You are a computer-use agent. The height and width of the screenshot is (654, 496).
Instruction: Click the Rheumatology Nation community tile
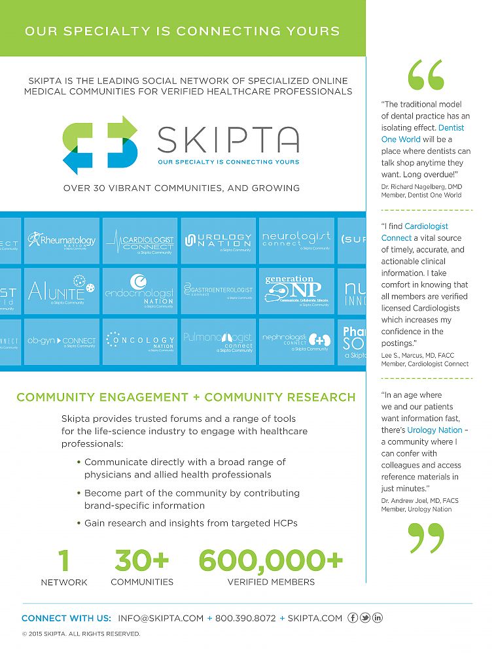[x=62, y=241]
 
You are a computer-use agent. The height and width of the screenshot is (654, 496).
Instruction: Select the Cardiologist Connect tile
[x=140, y=241]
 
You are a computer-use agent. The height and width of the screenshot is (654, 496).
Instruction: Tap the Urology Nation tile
[x=218, y=241]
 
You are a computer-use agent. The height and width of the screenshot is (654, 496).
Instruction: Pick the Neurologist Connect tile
[x=296, y=241]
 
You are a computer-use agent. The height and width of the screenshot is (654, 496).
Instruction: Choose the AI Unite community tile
[x=62, y=291]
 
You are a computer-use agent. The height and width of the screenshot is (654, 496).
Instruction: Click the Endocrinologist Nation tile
[x=140, y=291]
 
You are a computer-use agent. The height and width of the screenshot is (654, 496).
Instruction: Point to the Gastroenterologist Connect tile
[x=218, y=291]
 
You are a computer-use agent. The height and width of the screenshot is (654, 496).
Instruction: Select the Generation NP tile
[x=296, y=291]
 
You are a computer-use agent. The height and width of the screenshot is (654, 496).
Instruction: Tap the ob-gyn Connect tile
[x=62, y=341]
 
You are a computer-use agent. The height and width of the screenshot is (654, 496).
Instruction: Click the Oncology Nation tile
[x=140, y=341]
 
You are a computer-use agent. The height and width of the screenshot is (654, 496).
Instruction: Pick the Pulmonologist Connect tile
[x=218, y=341]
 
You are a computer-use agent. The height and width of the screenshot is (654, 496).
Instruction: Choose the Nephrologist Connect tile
[x=296, y=341]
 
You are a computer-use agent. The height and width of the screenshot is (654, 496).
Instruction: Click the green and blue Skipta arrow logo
[x=100, y=145]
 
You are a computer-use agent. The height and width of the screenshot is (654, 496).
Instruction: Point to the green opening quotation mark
[x=425, y=75]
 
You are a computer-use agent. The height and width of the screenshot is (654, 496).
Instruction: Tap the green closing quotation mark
[x=425, y=538]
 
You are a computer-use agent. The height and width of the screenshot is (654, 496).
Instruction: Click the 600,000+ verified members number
[x=270, y=560]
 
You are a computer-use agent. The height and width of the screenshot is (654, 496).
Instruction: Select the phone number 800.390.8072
[x=245, y=618]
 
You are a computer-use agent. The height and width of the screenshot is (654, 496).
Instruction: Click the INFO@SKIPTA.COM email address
[x=160, y=618]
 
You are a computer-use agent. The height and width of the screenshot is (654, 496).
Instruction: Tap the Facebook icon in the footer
[x=353, y=618]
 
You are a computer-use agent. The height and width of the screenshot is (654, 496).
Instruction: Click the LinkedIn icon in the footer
[x=378, y=618]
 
